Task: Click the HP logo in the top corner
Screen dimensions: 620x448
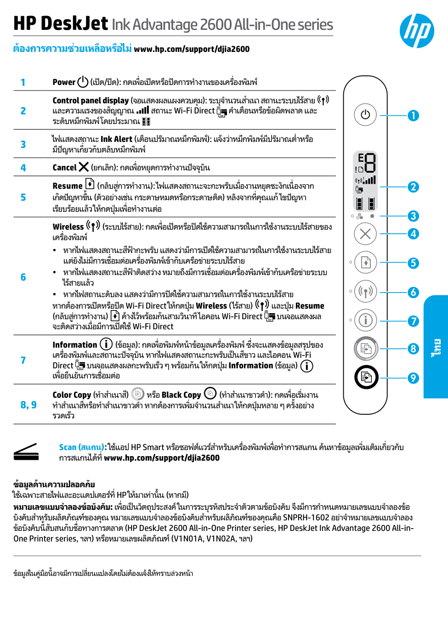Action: coord(417,31)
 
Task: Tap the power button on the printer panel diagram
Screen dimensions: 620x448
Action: coord(365,115)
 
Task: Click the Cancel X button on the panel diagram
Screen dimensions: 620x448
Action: coord(365,234)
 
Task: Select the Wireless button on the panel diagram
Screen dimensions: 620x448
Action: coord(365,292)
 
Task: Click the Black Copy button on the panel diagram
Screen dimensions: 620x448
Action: coord(366,378)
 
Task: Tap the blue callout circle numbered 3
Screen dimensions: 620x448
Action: coord(413,216)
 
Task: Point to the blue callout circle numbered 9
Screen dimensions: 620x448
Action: coord(413,378)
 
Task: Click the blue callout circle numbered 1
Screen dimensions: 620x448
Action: coord(413,115)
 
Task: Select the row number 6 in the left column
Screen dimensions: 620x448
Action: coord(23,277)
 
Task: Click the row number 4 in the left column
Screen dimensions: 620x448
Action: coord(23,168)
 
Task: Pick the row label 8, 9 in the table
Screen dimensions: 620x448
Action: coord(28,405)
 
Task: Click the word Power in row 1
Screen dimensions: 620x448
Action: coord(64,82)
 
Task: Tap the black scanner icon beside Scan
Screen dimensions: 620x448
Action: coord(26,452)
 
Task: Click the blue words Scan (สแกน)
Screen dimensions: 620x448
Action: coord(83,447)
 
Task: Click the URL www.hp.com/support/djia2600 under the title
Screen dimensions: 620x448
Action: coord(192,49)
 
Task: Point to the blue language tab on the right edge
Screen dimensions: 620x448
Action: coord(436,347)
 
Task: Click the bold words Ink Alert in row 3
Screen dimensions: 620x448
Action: coord(116,139)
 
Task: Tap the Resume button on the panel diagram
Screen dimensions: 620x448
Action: coord(365,263)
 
